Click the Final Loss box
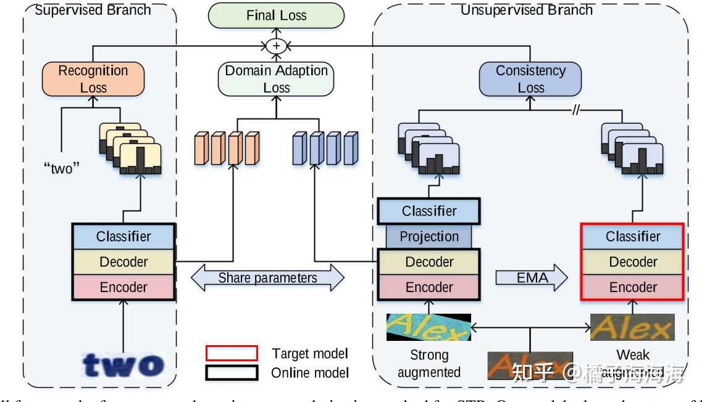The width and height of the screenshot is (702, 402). pyautogui.click(x=276, y=15)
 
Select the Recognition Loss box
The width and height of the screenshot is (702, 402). pyautogui.click(x=93, y=79)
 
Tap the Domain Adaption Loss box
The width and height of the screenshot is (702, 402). pyautogui.click(x=276, y=79)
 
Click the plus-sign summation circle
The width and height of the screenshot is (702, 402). pyautogui.click(x=276, y=46)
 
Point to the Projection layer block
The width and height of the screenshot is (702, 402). pyautogui.click(x=429, y=237)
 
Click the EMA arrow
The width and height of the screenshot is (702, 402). pyautogui.click(x=532, y=278)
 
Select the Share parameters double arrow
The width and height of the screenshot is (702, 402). pyautogui.click(x=267, y=278)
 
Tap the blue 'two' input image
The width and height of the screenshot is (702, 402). pyautogui.click(x=123, y=364)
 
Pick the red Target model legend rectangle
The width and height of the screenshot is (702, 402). pyautogui.click(x=232, y=353)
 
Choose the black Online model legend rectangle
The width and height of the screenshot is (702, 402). pyautogui.click(x=232, y=373)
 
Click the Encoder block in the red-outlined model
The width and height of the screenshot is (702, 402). pyautogui.click(x=632, y=287)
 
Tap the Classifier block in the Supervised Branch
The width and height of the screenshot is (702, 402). pyautogui.click(x=123, y=237)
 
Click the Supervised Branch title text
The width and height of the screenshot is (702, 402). pyautogui.click(x=93, y=9)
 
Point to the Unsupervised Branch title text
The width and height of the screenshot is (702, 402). pyautogui.click(x=526, y=9)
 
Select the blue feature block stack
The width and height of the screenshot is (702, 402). pyautogui.click(x=325, y=148)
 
